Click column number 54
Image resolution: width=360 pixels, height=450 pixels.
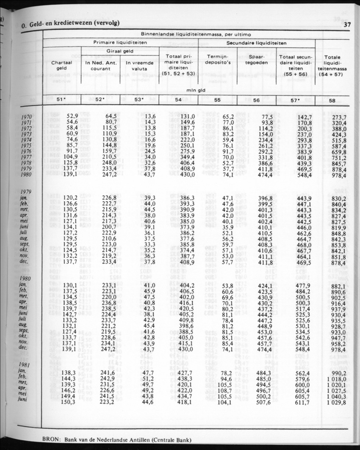tap(178, 100)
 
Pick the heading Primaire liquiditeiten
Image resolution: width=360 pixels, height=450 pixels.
tap(120, 43)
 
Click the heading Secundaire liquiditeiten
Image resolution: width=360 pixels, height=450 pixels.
tap(256, 43)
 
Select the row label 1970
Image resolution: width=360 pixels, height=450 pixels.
tap(28, 116)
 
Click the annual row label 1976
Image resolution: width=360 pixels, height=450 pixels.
tap(28, 151)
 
